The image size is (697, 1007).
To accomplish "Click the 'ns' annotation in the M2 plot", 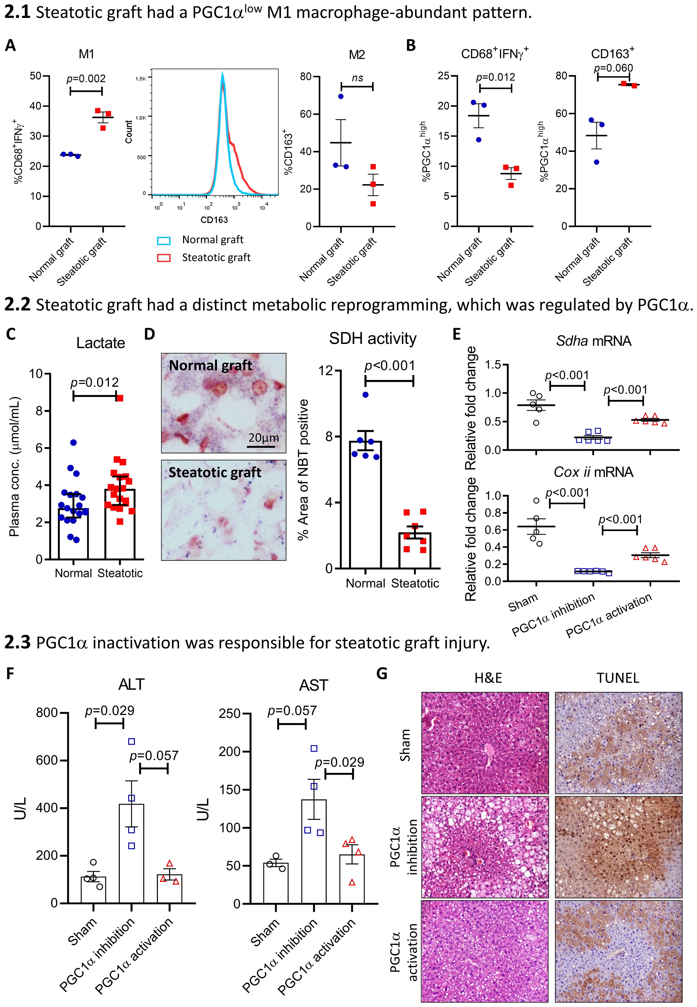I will tap(357, 78).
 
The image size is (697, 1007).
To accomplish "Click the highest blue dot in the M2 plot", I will tap(341, 96).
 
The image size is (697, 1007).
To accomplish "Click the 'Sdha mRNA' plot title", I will tap(594, 341).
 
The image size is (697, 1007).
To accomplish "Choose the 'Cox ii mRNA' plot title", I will tap(594, 472).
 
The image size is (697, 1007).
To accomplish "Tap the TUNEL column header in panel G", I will tap(618, 678).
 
